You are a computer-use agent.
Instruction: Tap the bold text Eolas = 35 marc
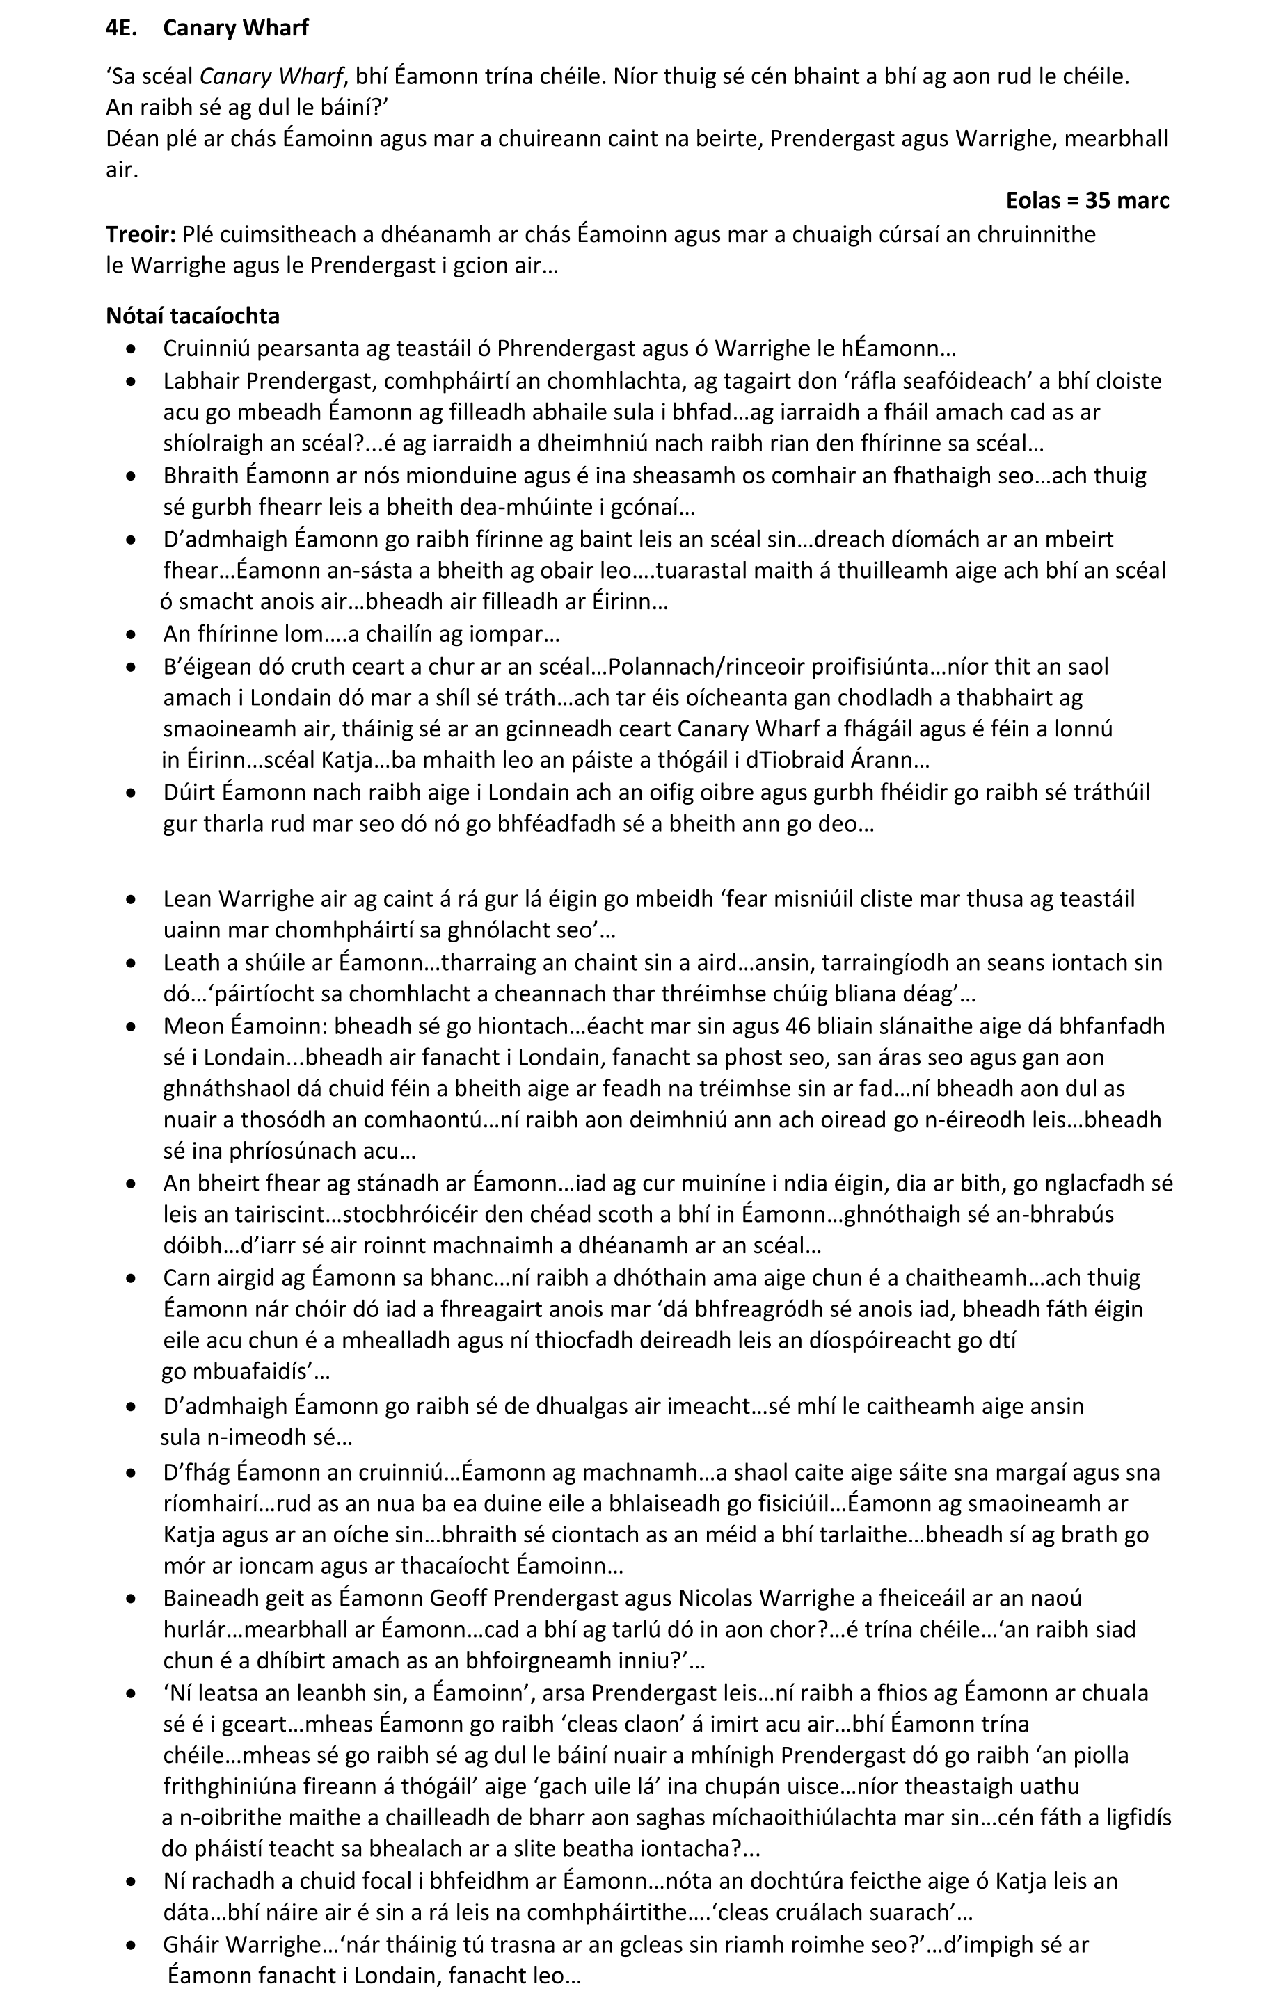tap(1087, 201)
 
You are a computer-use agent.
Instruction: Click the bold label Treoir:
tap(141, 235)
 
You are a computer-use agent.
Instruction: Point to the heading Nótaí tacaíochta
tap(193, 316)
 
